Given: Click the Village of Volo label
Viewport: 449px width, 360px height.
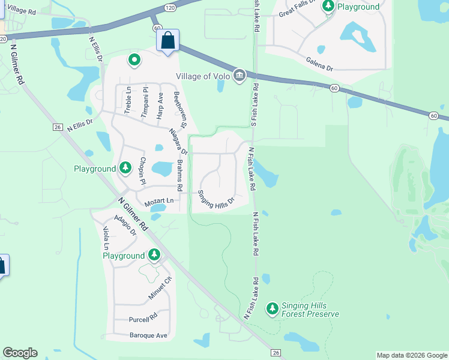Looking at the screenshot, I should click(x=203, y=76).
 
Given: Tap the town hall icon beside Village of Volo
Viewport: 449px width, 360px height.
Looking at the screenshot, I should click(x=240, y=75).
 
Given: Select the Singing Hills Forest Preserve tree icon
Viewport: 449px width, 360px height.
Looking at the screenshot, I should click(x=273, y=308).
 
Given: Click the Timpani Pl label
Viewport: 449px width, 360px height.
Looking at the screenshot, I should click(x=144, y=100).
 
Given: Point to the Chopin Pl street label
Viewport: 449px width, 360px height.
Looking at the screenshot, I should click(x=143, y=171).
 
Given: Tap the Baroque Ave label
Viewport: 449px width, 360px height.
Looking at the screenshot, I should click(x=148, y=335).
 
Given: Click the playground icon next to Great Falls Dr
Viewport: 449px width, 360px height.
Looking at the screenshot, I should click(x=328, y=7).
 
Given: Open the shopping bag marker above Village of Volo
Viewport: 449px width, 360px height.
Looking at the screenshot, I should click(x=167, y=41).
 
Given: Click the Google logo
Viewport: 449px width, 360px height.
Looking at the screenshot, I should click(x=20, y=353).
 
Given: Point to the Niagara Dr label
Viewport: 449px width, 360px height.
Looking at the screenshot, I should click(x=178, y=142).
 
